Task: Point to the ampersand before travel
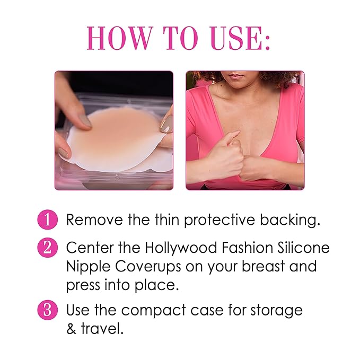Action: coord(72,329)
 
